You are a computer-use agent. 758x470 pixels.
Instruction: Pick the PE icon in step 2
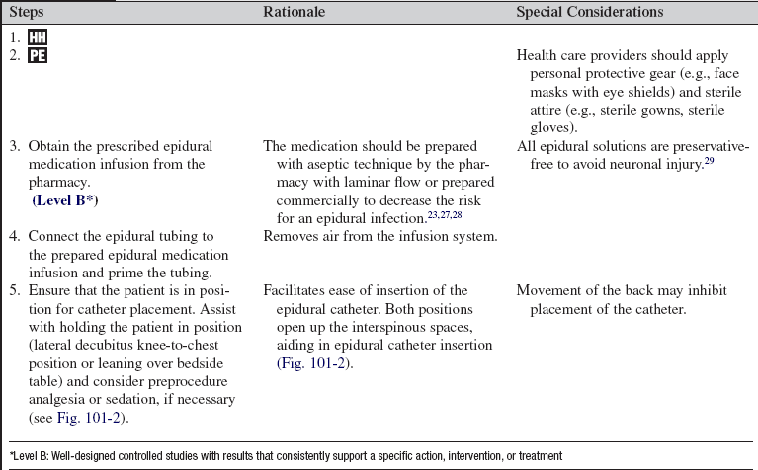tap(37, 56)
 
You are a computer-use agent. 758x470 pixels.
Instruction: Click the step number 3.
tap(14, 146)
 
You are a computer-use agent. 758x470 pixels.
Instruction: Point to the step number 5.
tap(14, 291)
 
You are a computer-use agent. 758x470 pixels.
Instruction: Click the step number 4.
tap(14, 237)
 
